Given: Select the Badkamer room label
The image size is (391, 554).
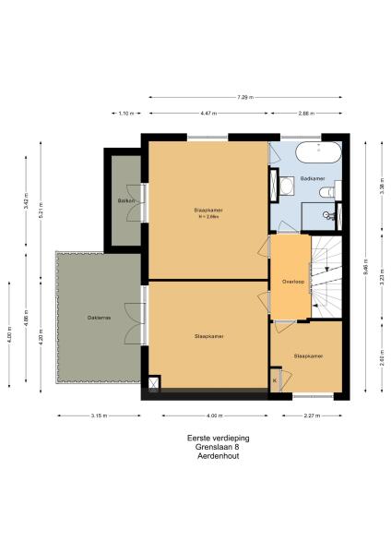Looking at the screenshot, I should [x=314, y=178].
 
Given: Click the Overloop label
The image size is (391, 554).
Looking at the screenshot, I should [x=293, y=281].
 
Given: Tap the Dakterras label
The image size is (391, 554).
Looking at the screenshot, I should [x=100, y=318].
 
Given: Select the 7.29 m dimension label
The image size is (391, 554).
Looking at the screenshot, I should [x=244, y=96].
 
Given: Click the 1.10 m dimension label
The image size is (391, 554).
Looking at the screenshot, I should [x=125, y=114].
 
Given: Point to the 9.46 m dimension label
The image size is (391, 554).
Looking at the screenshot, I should [x=365, y=271].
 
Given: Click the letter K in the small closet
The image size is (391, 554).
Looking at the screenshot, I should [x=275, y=379].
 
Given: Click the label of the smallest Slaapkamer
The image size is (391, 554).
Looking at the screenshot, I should [x=308, y=355].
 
